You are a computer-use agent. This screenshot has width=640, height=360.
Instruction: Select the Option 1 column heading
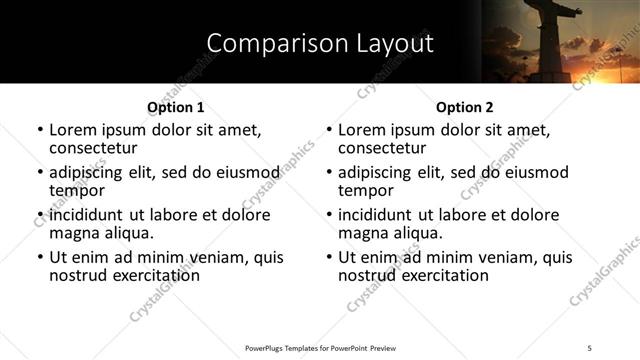[175, 106]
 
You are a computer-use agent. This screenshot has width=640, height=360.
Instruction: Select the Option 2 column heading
[465, 106]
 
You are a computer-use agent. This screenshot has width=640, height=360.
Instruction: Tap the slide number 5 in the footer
[591, 347]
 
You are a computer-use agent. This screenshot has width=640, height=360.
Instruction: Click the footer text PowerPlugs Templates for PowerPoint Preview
[319, 347]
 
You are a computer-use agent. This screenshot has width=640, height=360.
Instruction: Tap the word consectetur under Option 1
[99, 148]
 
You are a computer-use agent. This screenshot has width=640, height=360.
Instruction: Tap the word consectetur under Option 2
[388, 148]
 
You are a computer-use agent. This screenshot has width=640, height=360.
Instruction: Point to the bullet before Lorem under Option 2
[329, 131]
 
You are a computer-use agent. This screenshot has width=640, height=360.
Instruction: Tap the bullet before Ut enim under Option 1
[40, 257]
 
